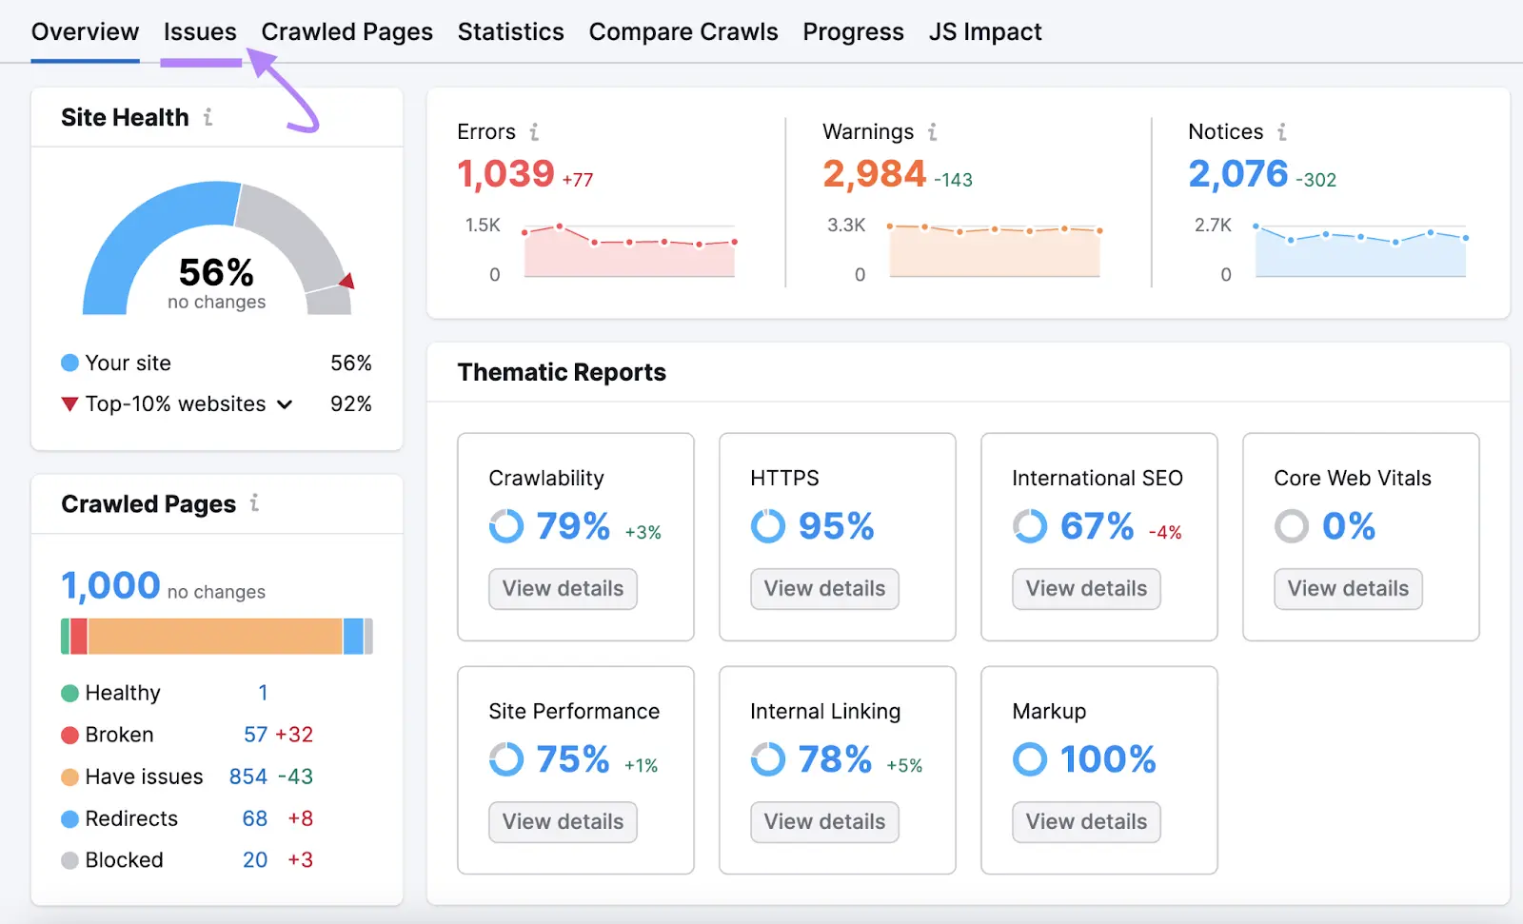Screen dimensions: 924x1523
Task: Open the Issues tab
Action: click(200, 32)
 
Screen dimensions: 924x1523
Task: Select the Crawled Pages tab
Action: click(346, 32)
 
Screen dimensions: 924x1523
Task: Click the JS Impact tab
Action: click(985, 32)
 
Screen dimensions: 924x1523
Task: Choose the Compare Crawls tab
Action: click(682, 32)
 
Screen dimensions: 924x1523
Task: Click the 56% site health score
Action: click(216, 273)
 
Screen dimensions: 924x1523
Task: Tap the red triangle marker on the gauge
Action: click(347, 281)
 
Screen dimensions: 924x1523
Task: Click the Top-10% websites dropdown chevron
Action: click(285, 404)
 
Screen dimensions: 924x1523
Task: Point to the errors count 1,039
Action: click(505, 174)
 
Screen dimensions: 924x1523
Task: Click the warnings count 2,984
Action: click(874, 174)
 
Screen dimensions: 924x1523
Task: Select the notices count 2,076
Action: click(1237, 174)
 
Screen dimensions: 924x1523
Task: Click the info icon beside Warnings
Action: click(933, 132)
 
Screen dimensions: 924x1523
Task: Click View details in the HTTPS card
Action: click(824, 589)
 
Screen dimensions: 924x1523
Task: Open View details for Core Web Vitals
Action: click(1348, 589)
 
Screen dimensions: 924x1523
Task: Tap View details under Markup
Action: click(1086, 822)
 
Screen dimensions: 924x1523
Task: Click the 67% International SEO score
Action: click(1097, 526)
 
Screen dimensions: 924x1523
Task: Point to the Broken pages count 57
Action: click(255, 735)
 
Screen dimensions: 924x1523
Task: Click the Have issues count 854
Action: click(247, 777)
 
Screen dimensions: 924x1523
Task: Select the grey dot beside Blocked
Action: click(69, 860)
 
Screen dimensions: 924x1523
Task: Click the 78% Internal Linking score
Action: click(834, 759)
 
